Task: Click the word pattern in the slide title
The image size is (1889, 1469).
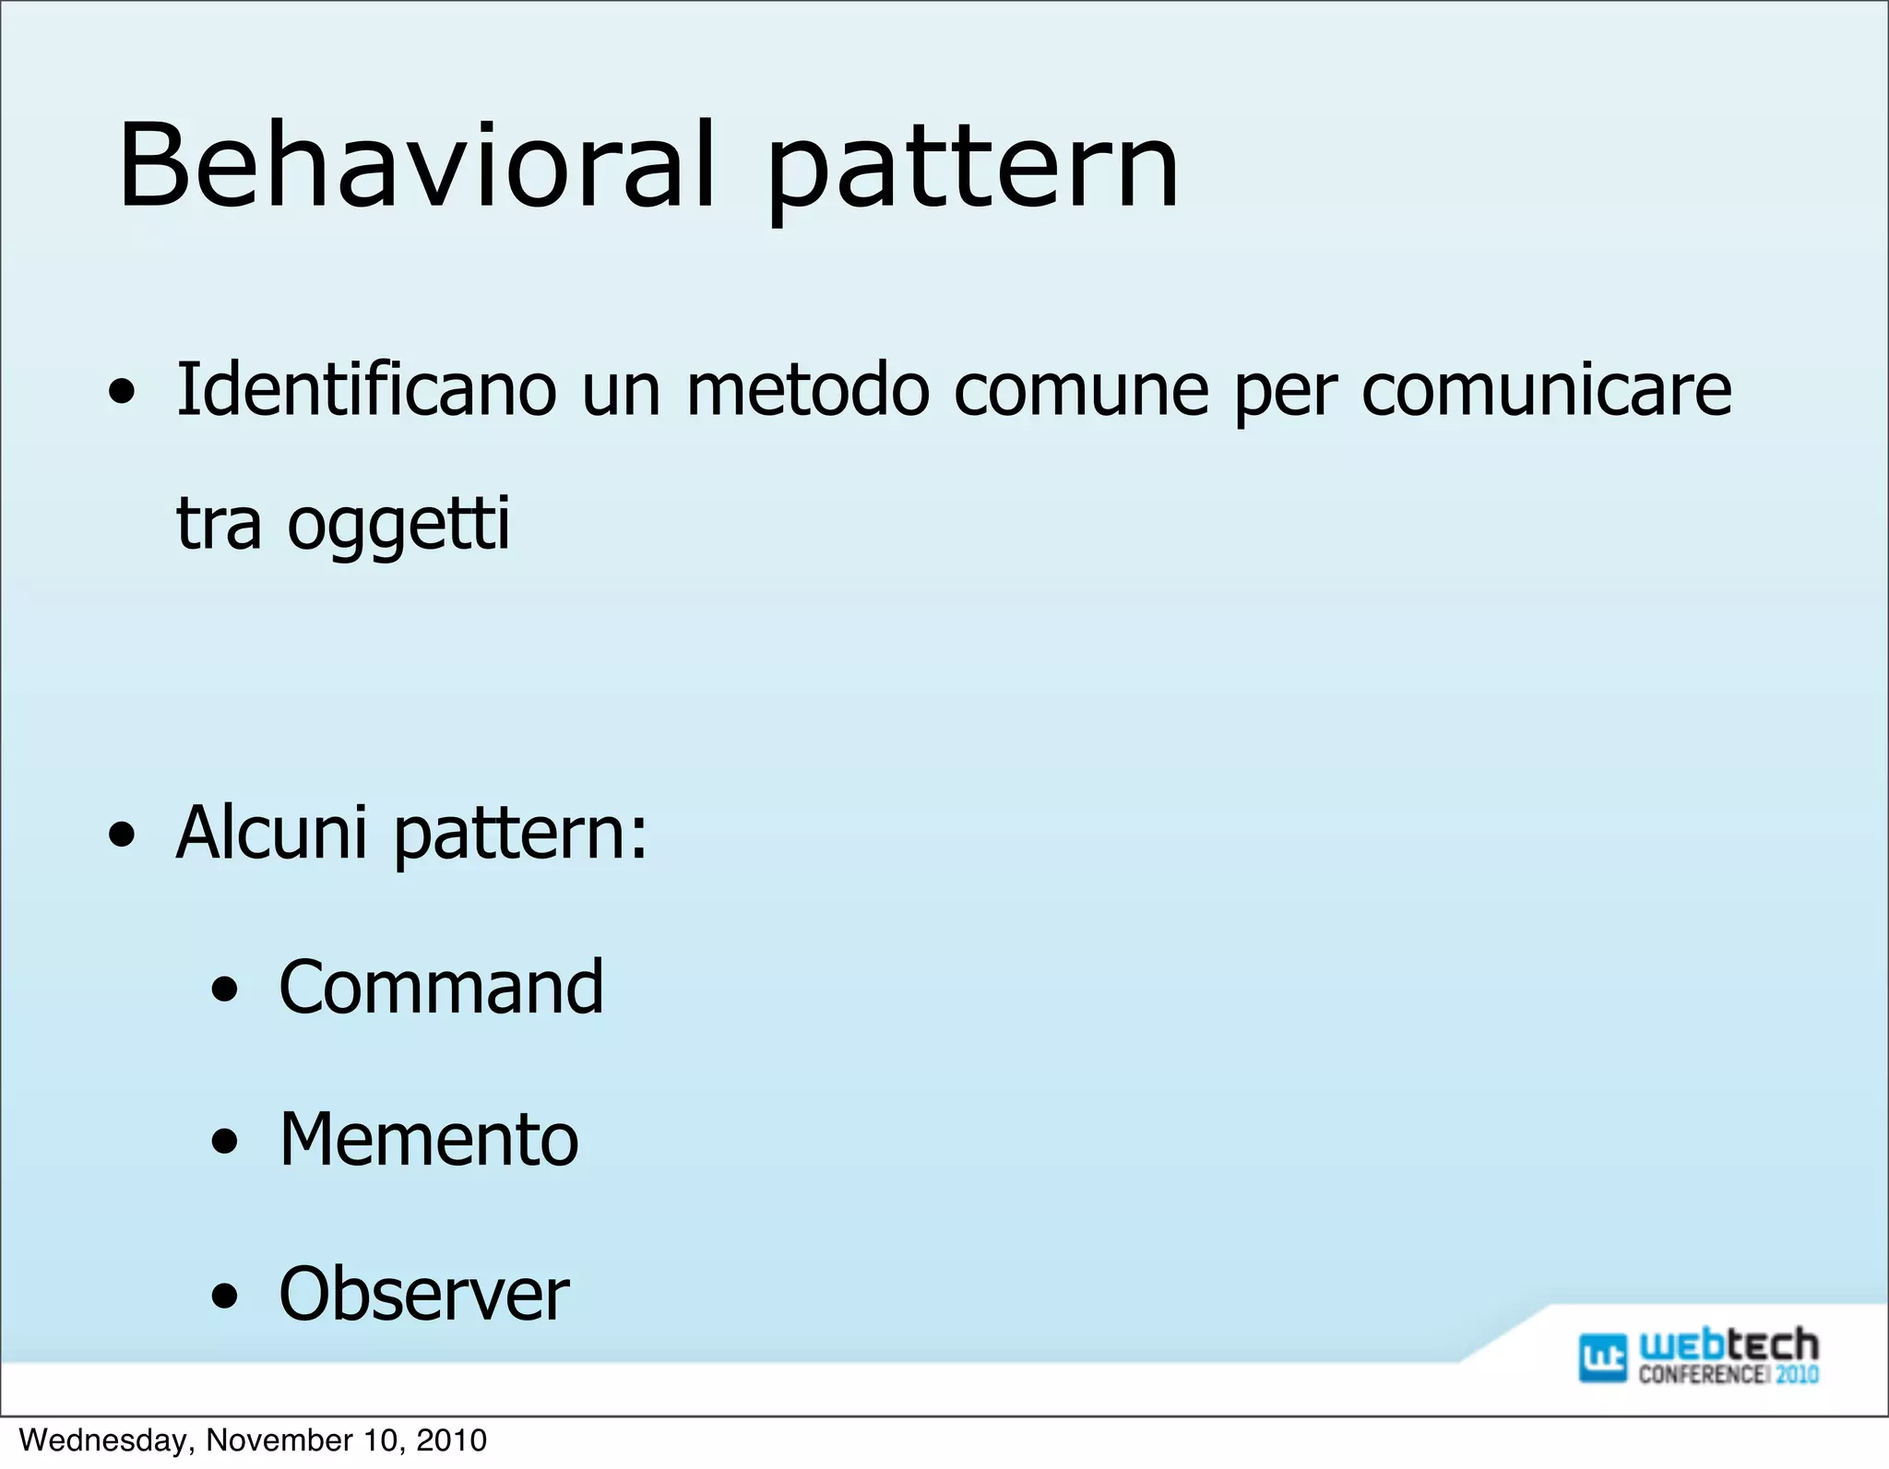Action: pos(973,171)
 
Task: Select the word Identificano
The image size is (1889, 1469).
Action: pos(366,389)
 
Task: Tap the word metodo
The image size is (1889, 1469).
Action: pos(808,389)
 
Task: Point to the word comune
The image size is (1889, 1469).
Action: pos(1081,389)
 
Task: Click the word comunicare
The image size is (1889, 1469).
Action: pos(1546,389)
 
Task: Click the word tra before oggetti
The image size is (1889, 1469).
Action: pos(219,524)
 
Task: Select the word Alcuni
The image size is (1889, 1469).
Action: pos(272,833)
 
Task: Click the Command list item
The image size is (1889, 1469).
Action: pos(441,988)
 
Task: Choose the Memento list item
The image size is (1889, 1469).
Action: pos(429,1141)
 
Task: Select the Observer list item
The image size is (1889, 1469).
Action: pos(423,1295)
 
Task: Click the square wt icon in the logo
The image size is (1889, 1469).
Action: pos(1601,1357)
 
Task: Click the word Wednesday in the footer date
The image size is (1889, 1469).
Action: pos(106,1440)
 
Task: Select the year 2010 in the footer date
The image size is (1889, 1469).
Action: pos(451,1440)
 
